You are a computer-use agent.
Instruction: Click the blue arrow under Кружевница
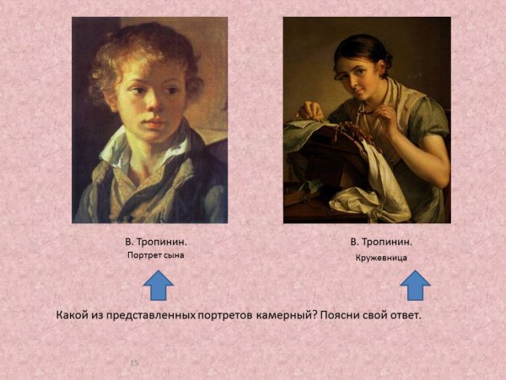coord(415,286)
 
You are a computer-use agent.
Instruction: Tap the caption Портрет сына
coord(155,254)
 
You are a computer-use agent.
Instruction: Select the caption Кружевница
coord(381,259)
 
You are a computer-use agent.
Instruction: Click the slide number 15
coord(133,361)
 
